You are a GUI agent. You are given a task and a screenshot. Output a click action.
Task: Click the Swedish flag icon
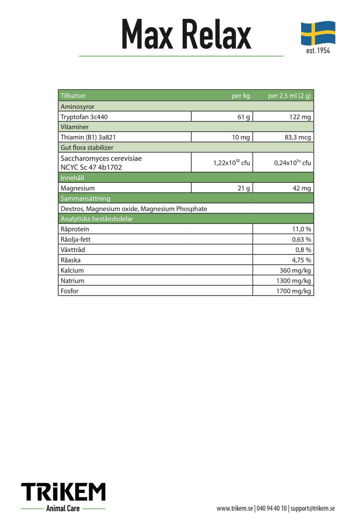318,33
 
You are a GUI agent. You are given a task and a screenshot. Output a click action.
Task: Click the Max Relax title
186,35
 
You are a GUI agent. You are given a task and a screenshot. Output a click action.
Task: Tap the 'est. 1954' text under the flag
318,51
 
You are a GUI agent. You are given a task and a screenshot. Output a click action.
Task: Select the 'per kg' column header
241,96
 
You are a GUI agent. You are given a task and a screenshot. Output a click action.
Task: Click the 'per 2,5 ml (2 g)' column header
289,96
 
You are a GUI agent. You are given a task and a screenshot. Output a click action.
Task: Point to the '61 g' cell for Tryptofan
244,117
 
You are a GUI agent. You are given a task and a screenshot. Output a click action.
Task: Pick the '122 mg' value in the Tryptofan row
300,117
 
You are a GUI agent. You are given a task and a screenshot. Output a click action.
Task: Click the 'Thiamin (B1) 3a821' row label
88,137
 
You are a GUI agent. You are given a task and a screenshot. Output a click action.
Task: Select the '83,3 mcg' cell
297,137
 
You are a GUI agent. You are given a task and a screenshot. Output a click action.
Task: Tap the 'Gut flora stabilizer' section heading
87,147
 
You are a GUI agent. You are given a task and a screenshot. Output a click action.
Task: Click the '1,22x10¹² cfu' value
231,163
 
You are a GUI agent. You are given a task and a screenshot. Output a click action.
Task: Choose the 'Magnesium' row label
78,188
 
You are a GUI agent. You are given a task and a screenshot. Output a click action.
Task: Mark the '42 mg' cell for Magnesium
301,188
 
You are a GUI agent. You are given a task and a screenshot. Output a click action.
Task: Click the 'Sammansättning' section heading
85,198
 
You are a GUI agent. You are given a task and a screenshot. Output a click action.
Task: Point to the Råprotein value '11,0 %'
301,229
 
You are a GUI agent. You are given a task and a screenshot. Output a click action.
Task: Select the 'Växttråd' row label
73,250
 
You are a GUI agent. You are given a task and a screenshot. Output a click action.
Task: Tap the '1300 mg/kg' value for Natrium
293,281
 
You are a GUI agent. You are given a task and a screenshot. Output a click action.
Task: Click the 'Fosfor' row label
70,291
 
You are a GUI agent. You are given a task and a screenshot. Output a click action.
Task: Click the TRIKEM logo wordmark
63,492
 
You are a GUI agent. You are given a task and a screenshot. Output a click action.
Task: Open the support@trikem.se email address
312,508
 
